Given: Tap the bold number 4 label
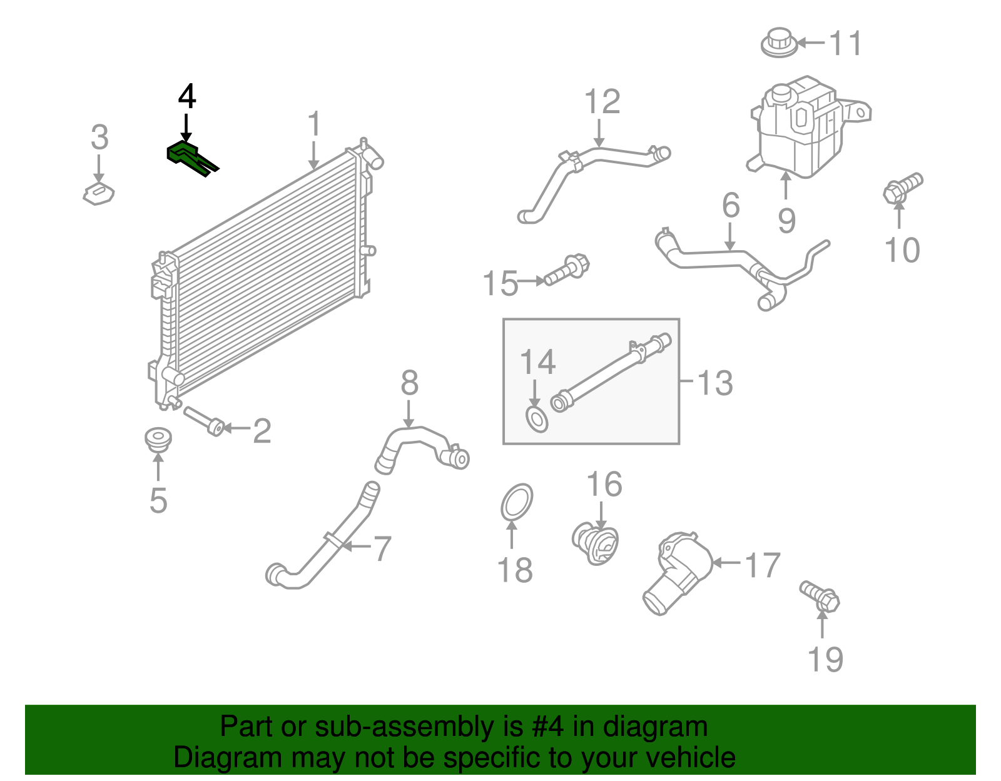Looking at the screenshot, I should [187, 97].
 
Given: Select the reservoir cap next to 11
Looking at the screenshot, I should [780, 43].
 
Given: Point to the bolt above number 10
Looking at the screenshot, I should [903, 187].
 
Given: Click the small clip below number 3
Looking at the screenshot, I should [99, 194].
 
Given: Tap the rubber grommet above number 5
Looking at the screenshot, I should [158, 438].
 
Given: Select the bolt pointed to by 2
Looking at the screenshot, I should [204, 421].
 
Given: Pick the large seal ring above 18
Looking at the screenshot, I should [517, 501].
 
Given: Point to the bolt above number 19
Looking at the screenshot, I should [820, 596].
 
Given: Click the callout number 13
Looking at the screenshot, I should [714, 383].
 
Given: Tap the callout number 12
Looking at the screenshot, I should [602, 102].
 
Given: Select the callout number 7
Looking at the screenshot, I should [382, 548].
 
